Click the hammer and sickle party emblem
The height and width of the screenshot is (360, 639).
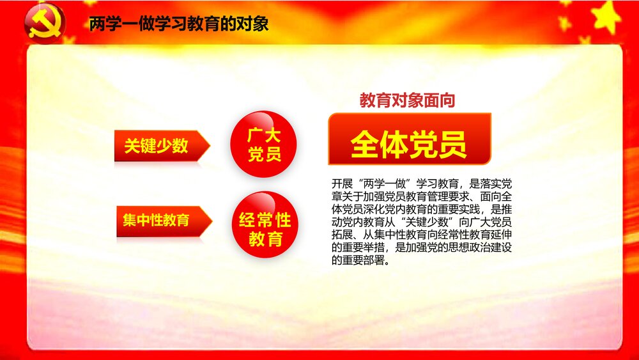click(x=45, y=24)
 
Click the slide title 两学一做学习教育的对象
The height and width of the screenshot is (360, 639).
click(x=179, y=24)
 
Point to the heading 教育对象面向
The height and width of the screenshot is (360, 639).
click(x=407, y=100)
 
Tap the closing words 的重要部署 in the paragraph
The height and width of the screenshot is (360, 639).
click(x=358, y=261)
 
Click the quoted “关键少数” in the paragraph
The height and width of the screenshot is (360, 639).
click(x=426, y=221)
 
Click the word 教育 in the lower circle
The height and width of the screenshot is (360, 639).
click(x=265, y=240)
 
